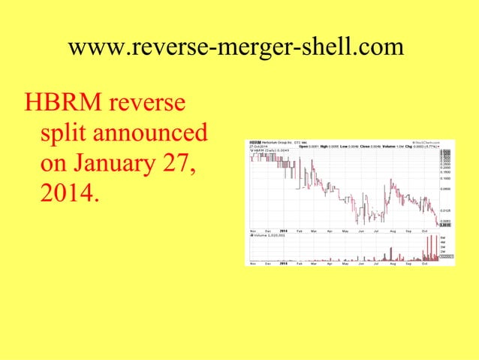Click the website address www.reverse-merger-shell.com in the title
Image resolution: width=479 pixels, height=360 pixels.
click(x=236, y=47)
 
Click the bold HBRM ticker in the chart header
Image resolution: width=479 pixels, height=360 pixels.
click(x=255, y=142)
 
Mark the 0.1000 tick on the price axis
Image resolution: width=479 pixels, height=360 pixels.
click(x=445, y=179)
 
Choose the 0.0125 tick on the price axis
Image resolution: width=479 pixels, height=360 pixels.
click(x=445, y=210)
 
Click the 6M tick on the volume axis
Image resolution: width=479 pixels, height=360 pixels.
click(x=444, y=237)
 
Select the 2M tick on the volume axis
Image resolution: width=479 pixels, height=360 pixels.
click(x=444, y=249)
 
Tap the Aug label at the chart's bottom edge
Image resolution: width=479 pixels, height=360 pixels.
click(x=392, y=264)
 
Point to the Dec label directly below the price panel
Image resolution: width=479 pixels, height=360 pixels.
click(x=269, y=230)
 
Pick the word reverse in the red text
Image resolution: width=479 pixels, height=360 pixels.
click(x=151, y=101)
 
